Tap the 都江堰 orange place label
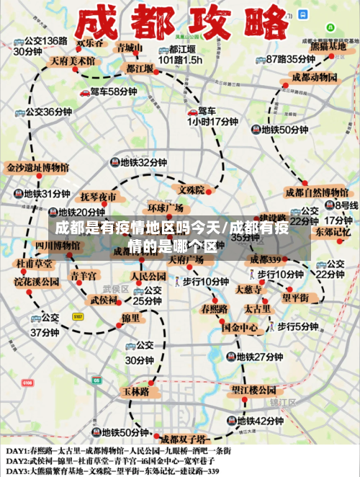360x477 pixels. pyautogui.click(x=140, y=68)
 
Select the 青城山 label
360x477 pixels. pyautogui.click(x=130, y=48)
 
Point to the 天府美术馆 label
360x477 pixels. pyautogui.click(x=72, y=61)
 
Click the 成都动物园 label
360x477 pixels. pyautogui.click(x=315, y=76)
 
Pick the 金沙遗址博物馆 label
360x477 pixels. pyautogui.click(x=37, y=167)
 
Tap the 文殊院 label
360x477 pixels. pyautogui.click(x=192, y=190)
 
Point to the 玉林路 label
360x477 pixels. pyautogui.click(x=135, y=391)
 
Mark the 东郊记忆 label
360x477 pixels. pyautogui.click(x=332, y=232)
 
